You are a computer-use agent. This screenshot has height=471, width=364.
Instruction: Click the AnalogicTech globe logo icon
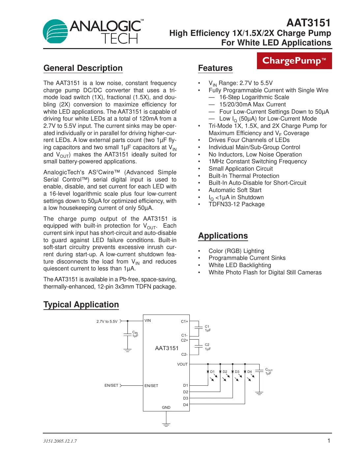click(x=55, y=32)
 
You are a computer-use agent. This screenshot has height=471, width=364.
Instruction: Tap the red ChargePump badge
click(x=294, y=61)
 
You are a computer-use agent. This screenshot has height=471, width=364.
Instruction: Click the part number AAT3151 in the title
click(x=308, y=23)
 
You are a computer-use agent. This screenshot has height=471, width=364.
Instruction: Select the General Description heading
click(x=83, y=68)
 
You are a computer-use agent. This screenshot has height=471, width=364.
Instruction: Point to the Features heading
click(x=215, y=68)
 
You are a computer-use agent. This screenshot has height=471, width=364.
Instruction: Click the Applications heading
click(x=223, y=236)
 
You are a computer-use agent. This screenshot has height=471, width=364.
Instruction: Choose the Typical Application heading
click(x=81, y=305)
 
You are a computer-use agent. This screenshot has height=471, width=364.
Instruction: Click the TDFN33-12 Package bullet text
click(x=237, y=204)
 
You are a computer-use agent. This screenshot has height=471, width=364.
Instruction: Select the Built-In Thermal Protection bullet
click(x=244, y=176)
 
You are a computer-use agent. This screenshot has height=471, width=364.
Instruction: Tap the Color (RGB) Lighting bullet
click(x=236, y=251)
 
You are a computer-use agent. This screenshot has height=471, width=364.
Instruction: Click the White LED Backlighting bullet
click(x=240, y=265)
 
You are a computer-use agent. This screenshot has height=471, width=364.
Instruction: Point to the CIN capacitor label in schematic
click(x=135, y=334)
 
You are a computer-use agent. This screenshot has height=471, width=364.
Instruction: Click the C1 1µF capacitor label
click(x=208, y=328)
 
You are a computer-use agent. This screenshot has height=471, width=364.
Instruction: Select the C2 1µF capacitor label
click(x=208, y=347)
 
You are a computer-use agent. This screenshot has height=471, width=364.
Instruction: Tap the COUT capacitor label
click(x=269, y=372)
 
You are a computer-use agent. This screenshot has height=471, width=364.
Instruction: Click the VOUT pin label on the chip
click(x=182, y=364)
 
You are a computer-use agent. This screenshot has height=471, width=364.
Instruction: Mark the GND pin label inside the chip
click(x=166, y=407)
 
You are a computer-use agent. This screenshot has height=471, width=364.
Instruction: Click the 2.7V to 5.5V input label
click(x=107, y=321)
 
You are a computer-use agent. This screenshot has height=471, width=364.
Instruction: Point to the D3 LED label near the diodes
click(x=237, y=372)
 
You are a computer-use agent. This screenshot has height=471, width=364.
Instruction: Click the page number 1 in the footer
click(x=328, y=441)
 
